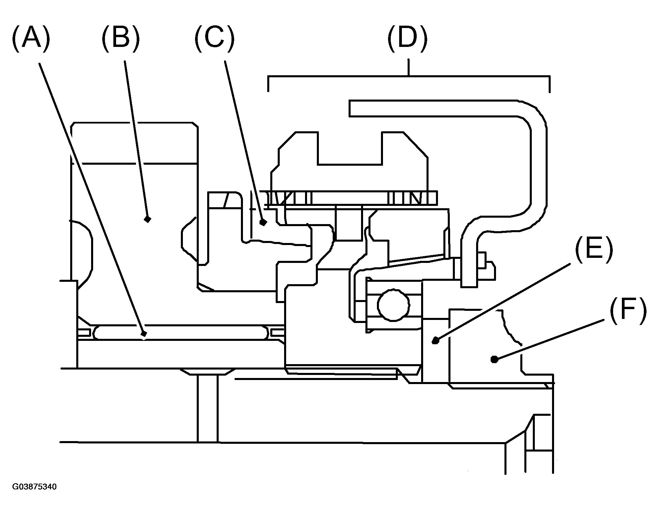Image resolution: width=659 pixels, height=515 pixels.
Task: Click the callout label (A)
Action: pyautogui.click(x=31, y=39)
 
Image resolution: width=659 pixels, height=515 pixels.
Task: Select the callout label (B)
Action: pyautogui.click(x=120, y=39)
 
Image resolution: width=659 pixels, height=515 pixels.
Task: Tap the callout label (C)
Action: pyautogui.click(x=214, y=39)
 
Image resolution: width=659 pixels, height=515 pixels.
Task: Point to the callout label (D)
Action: pyautogui.click(x=408, y=39)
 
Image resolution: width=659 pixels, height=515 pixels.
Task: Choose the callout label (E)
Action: pyautogui.click(x=594, y=249)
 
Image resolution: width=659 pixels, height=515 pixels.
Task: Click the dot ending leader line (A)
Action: pyautogui.click(x=144, y=334)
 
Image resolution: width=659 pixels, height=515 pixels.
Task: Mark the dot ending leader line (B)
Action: pyautogui.click(x=147, y=219)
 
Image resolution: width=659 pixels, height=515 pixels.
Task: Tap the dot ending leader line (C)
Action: pyautogui.click(x=263, y=222)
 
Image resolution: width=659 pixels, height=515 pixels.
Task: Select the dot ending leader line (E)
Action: pyautogui.click(x=436, y=340)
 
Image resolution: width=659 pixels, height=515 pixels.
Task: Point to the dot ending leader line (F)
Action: pyautogui.click(x=494, y=359)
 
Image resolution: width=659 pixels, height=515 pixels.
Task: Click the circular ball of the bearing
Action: pyautogui.click(x=394, y=305)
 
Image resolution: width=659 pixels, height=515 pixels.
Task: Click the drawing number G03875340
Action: pyautogui.click(x=34, y=487)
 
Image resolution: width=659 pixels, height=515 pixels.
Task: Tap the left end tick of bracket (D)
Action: pyautogui.click(x=268, y=84)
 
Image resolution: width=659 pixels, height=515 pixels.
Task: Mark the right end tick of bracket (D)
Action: pyautogui.click(x=550, y=84)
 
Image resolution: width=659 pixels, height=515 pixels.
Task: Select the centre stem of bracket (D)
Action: pyautogui.click(x=409, y=68)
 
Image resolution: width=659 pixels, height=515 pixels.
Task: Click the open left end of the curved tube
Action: pyautogui.click(x=350, y=108)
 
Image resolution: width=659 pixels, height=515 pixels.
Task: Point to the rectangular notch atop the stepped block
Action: pyautogui.click(x=350, y=148)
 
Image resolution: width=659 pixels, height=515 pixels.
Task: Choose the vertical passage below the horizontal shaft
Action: pyautogui.click(x=208, y=405)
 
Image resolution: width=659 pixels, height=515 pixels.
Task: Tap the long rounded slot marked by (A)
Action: pyautogui.click(x=180, y=332)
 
